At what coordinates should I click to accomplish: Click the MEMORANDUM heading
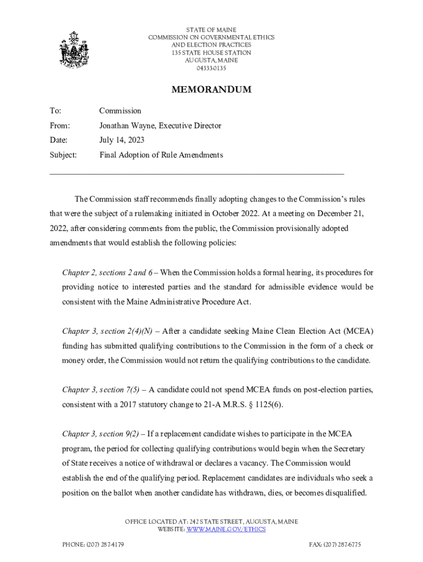pos(211,89)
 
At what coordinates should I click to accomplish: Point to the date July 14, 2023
pos(121,140)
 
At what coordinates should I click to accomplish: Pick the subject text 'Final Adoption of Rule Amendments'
pos(161,155)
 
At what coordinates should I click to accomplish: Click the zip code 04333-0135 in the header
pos(211,68)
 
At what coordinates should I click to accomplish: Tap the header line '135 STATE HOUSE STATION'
pos(211,53)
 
